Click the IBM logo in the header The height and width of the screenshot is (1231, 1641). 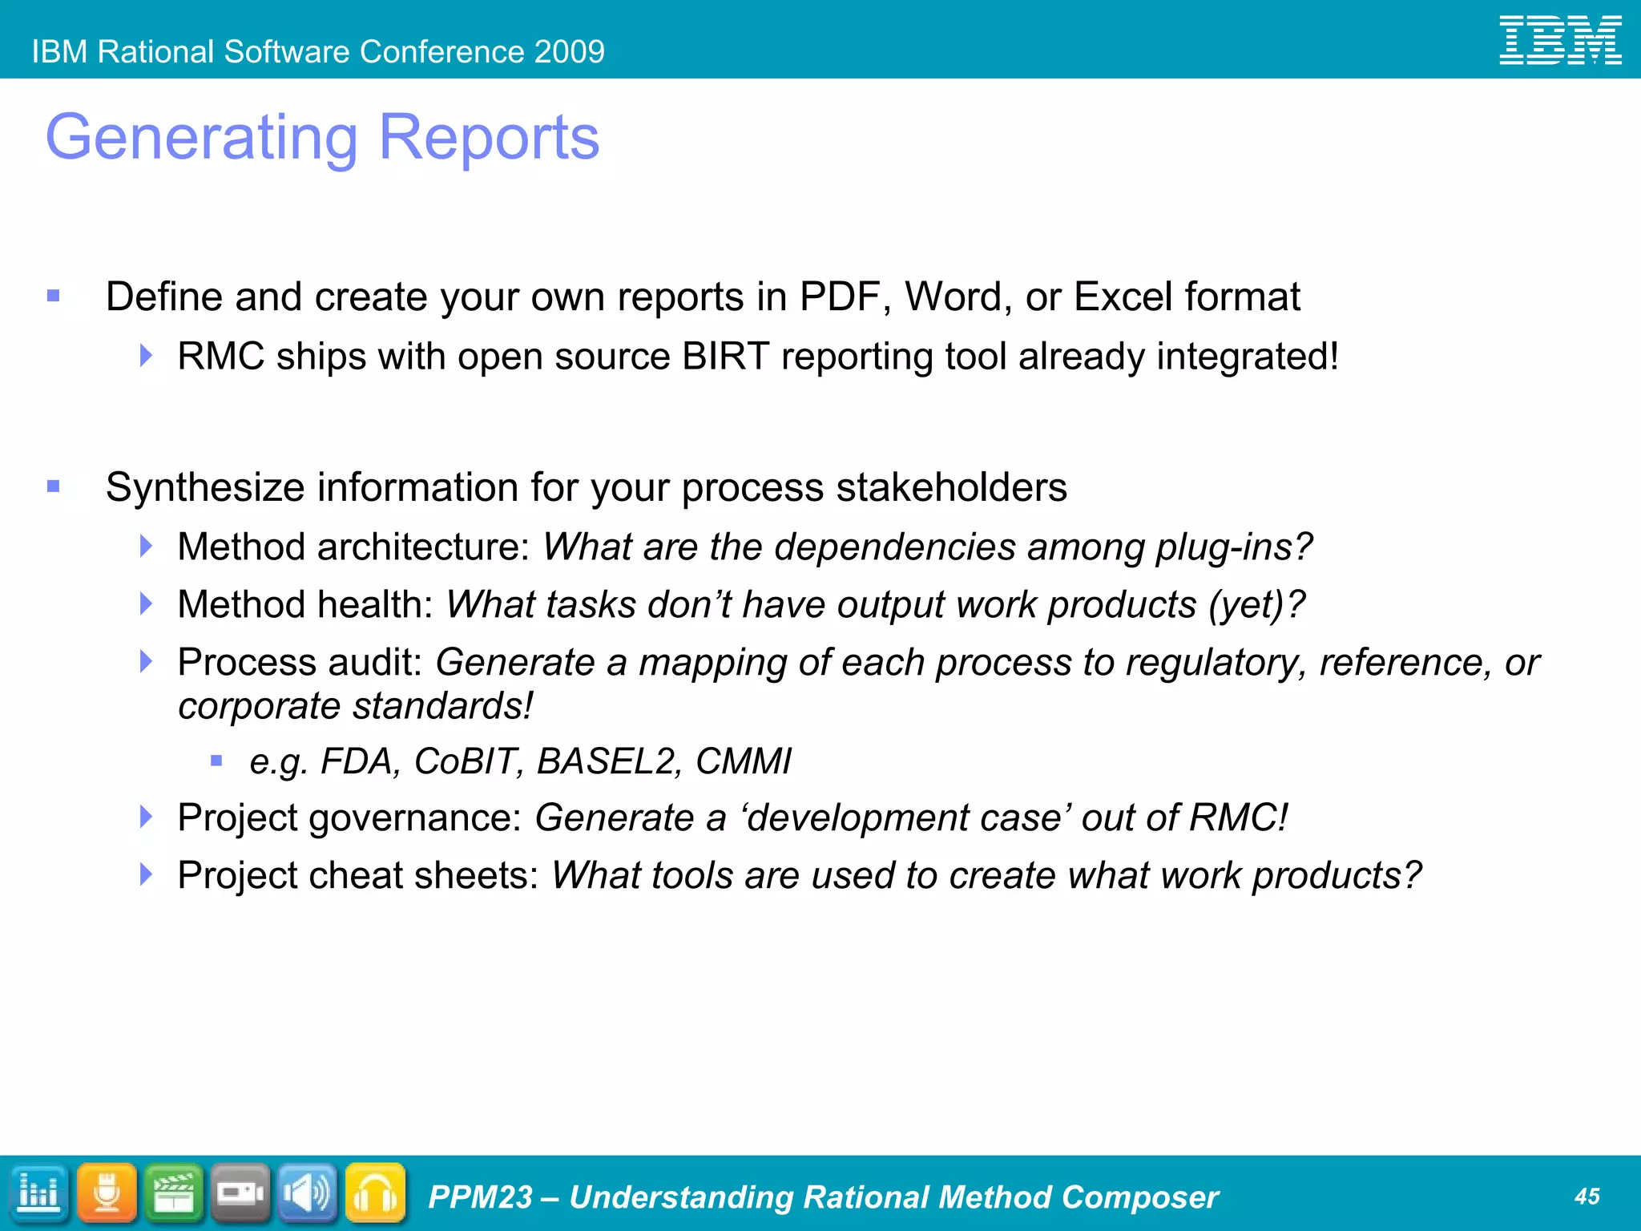(x=1560, y=40)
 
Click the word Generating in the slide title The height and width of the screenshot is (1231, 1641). (x=201, y=138)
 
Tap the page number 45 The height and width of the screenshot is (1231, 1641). (x=1587, y=1197)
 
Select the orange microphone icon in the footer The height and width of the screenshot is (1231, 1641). (x=107, y=1193)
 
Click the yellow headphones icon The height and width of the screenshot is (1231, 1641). (x=375, y=1193)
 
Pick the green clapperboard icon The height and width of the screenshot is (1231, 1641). (x=174, y=1193)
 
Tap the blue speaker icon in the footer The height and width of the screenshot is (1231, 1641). (x=308, y=1193)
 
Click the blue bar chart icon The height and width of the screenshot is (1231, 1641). (x=38, y=1193)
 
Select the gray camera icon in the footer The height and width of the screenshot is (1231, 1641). (x=240, y=1193)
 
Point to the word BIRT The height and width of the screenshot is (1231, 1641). (x=726, y=357)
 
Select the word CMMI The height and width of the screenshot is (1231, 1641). (x=743, y=761)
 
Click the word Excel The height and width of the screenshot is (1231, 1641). (x=1123, y=297)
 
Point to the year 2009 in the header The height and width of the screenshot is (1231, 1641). (x=570, y=52)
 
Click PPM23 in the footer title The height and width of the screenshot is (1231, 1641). (x=480, y=1197)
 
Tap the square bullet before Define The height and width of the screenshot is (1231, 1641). (x=54, y=297)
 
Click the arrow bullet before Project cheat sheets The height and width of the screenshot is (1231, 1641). (x=146, y=874)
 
